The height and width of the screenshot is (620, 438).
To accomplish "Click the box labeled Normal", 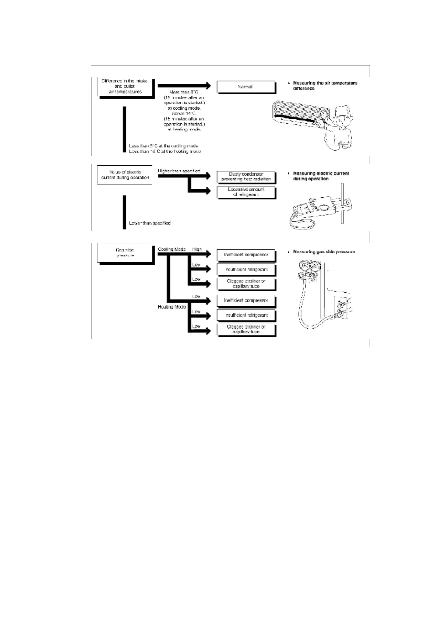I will coord(246,87).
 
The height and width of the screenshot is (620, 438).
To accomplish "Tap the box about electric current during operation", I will coord(125,175).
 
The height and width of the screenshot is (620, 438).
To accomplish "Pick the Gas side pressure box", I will coord(125,253).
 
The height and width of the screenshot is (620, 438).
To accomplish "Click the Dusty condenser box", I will coord(246,177).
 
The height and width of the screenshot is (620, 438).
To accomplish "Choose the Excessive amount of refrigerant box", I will coord(246,192).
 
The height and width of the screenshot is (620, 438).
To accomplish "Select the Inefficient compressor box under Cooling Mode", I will coord(246,255).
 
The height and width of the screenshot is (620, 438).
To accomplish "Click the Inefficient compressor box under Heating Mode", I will coord(246,300).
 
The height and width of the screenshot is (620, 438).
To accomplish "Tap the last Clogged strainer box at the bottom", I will coord(246,329).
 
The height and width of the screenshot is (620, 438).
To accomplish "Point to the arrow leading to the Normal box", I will coord(184,86).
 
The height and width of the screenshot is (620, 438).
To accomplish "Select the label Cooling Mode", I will coord(172,249).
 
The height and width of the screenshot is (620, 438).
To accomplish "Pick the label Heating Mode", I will coord(172,307).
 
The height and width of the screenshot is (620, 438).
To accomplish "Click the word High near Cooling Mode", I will coord(197,249).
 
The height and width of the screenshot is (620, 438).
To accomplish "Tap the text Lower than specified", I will coord(150,223).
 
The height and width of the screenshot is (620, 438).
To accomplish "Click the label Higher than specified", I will coord(179,171).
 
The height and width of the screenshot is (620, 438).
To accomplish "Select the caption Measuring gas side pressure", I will coord(324,252).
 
